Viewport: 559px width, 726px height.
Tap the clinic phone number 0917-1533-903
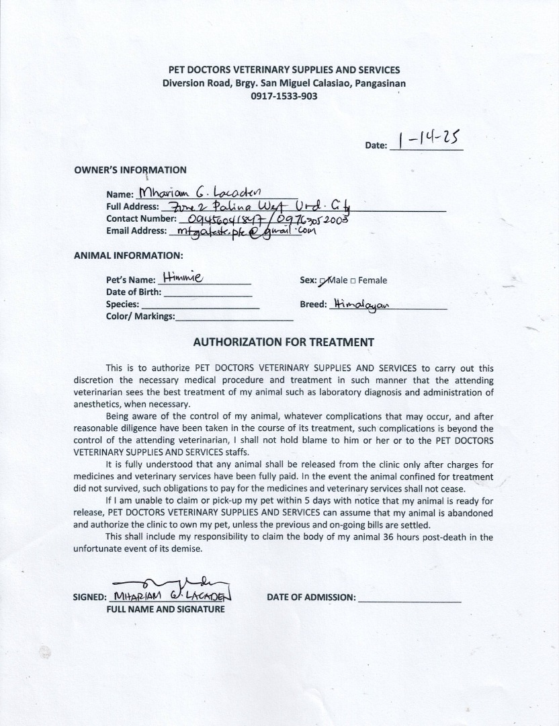click(x=284, y=96)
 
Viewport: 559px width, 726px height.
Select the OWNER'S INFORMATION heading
click(x=130, y=170)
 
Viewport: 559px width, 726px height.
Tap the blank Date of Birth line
click(x=208, y=293)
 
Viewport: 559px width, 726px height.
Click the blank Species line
click(x=201, y=305)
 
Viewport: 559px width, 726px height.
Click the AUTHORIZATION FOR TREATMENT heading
click(x=284, y=342)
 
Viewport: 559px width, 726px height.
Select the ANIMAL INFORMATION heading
click(x=128, y=255)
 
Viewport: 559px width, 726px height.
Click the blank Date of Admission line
click(x=410, y=598)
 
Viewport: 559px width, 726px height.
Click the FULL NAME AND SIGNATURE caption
click(x=166, y=610)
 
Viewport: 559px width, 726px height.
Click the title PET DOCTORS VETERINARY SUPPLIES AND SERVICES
click(x=284, y=70)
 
